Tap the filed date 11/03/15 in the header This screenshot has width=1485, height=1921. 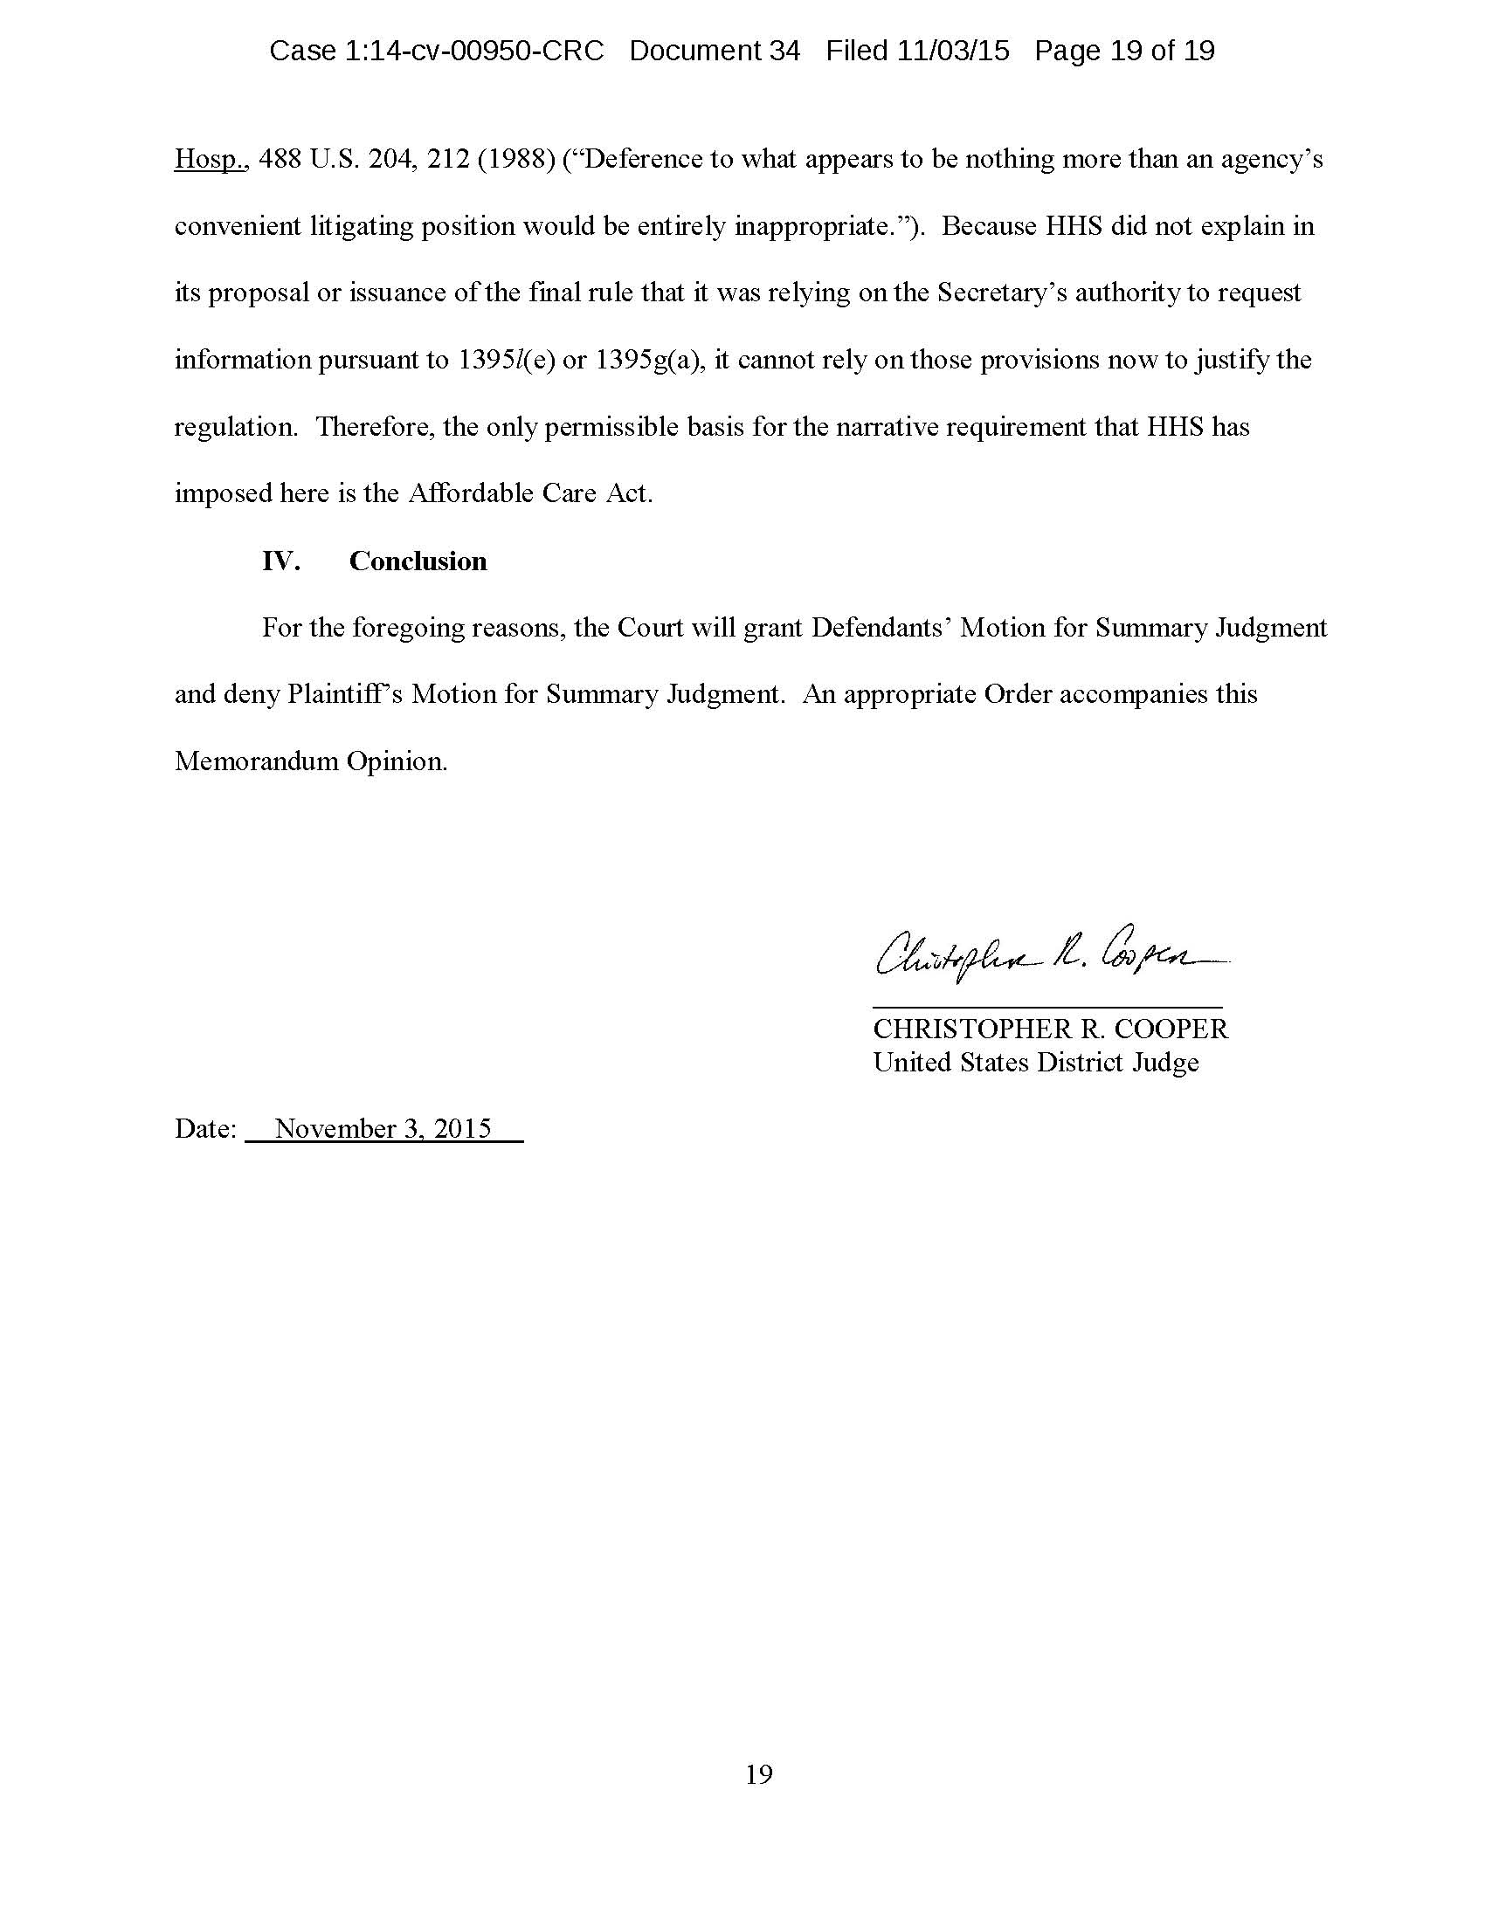(953, 51)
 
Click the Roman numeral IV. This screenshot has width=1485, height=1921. (280, 561)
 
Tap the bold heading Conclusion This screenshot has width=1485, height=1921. (418, 561)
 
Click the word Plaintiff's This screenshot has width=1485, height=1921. (345, 695)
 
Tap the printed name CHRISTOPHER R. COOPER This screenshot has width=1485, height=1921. (1050, 1029)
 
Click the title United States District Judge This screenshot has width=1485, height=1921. (1035, 1063)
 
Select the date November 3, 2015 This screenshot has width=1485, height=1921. (383, 1128)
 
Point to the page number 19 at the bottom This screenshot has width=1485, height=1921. (759, 1775)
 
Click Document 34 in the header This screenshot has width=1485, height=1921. (715, 51)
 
